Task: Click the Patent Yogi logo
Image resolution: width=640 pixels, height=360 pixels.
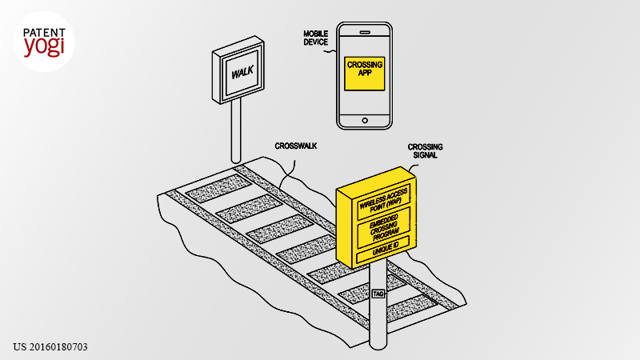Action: [44, 42]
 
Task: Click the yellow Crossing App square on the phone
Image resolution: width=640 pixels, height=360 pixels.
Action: [365, 74]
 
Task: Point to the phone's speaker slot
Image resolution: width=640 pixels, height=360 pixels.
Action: [365, 32]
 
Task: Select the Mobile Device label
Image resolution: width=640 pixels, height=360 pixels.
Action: [315, 38]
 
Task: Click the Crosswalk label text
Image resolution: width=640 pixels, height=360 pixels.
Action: [296, 146]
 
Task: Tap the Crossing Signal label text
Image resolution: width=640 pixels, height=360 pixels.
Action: [426, 150]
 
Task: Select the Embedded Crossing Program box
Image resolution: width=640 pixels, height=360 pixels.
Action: [384, 228]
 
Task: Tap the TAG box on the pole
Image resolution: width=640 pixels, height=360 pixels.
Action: [378, 294]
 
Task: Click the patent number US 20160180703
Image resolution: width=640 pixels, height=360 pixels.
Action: [50, 347]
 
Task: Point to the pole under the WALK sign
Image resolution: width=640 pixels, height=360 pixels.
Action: [236, 130]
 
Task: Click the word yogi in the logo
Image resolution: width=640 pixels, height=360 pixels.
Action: [44, 47]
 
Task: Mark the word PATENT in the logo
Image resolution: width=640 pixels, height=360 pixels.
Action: [44, 33]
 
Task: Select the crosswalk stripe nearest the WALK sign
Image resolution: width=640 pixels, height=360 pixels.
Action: [218, 189]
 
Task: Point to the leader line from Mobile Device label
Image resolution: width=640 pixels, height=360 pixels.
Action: [330, 51]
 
